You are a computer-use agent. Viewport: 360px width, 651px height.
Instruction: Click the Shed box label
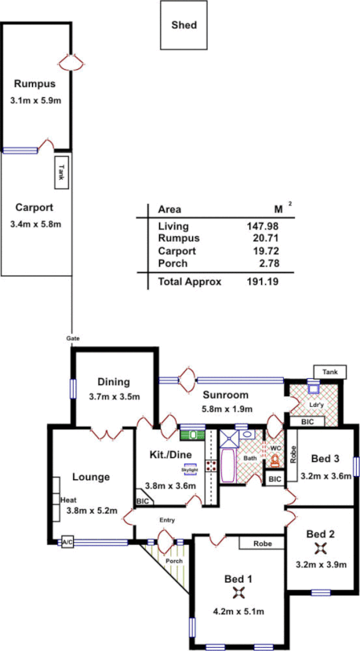click(x=184, y=25)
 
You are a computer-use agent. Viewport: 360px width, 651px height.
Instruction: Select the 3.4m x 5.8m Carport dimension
click(x=36, y=224)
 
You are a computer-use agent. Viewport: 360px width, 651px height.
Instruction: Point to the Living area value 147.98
click(x=264, y=226)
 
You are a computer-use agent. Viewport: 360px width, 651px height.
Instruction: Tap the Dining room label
click(x=114, y=382)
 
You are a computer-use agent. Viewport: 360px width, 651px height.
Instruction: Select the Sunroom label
click(x=225, y=395)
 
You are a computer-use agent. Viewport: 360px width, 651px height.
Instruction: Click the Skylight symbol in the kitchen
click(x=190, y=471)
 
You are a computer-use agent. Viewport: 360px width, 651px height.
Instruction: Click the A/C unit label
click(x=67, y=541)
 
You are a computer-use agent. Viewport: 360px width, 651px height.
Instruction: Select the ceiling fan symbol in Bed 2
click(x=319, y=549)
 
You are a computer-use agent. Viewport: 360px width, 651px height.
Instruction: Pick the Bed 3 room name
click(x=324, y=458)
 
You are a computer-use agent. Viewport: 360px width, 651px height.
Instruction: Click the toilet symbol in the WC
click(x=275, y=462)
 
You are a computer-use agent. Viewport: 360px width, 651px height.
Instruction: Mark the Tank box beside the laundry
click(x=329, y=370)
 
